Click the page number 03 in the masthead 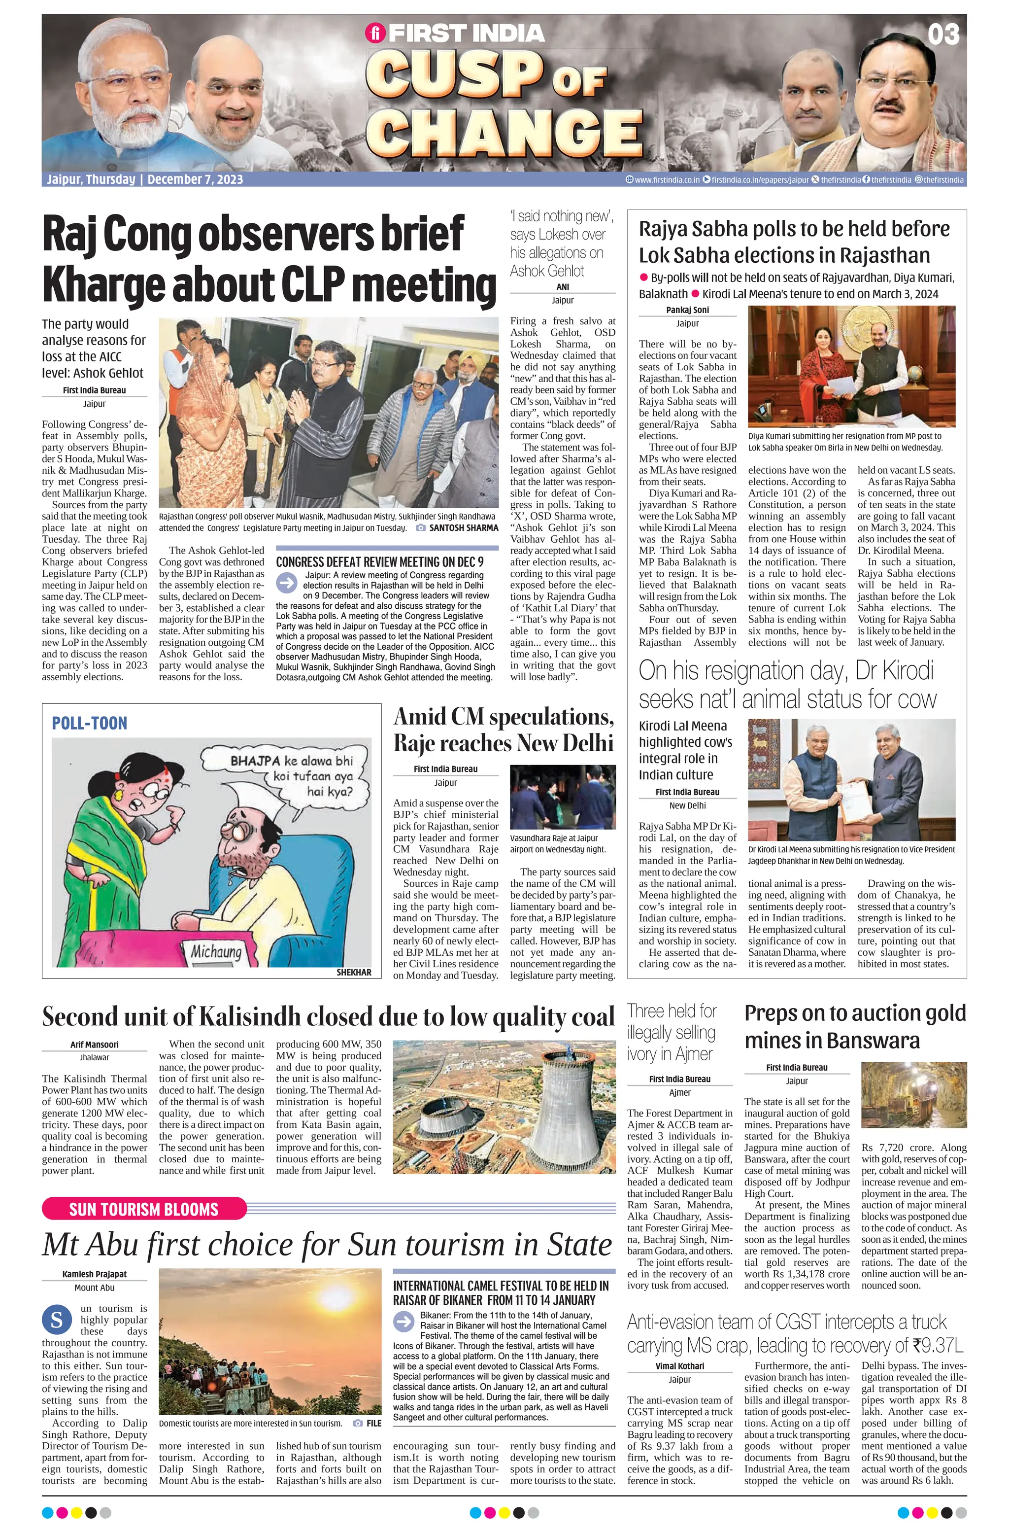coord(943,34)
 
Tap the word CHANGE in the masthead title coord(508,132)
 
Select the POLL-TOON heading coord(90,723)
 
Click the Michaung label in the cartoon coord(216,951)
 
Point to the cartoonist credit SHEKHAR coord(354,972)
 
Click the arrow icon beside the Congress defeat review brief coord(287,582)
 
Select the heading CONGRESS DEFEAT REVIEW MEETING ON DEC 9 coord(379,561)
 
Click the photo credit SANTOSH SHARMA coord(463,527)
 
